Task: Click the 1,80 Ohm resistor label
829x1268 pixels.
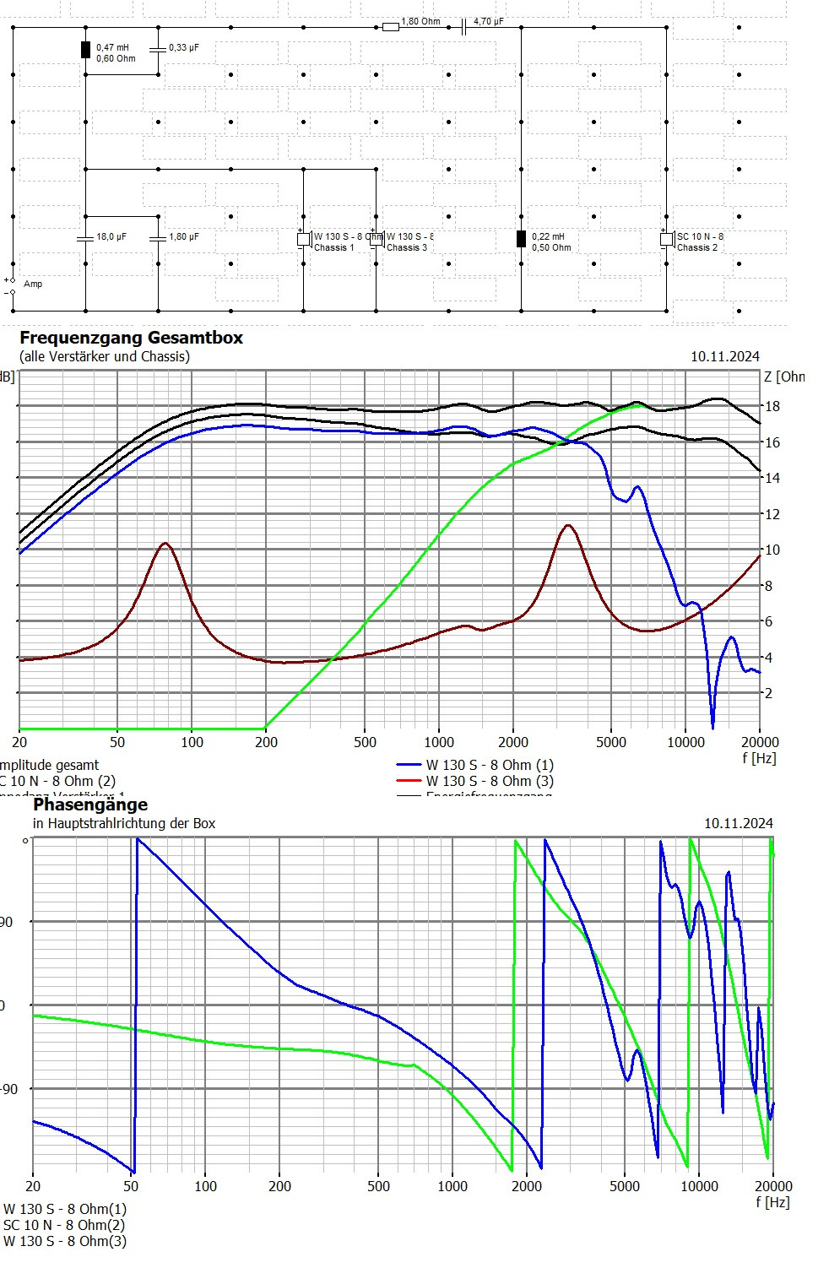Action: (x=420, y=21)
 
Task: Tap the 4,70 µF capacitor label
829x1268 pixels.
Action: (x=488, y=21)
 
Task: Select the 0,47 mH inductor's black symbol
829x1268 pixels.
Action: (x=85, y=50)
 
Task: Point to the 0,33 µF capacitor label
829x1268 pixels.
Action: (x=184, y=48)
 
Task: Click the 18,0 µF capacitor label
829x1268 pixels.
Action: (x=111, y=237)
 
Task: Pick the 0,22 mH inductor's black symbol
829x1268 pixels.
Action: (x=521, y=239)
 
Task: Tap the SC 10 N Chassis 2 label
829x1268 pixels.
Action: (x=699, y=242)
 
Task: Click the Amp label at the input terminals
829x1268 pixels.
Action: (x=33, y=284)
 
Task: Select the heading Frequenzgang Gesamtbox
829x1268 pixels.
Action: (x=131, y=338)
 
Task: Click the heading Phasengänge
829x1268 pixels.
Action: (x=90, y=805)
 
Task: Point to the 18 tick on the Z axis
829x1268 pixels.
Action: (x=772, y=407)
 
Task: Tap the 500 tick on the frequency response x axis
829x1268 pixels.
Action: (x=365, y=743)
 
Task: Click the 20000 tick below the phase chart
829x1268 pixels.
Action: (x=772, y=1186)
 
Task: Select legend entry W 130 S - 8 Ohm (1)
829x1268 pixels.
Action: (x=490, y=765)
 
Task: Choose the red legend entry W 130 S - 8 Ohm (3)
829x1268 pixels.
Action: (x=490, y=781)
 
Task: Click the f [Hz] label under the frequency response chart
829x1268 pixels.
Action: (x=759, y=758)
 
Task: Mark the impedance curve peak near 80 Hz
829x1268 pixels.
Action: (x=165, y=544)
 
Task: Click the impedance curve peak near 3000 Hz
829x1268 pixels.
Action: (x=568, y=526)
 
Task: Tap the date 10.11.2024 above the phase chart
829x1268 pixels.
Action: (x=738, y=823)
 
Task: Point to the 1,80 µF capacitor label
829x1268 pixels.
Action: (x=184, y=237)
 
